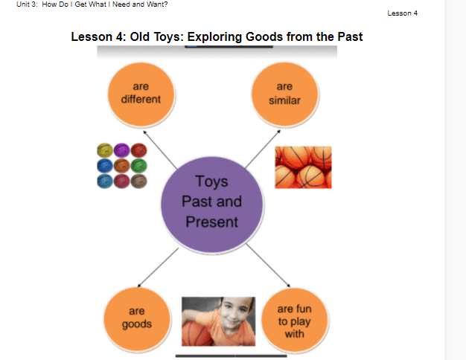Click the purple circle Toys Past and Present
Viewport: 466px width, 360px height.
(212, 205)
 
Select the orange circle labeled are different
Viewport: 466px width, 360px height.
(141, 94)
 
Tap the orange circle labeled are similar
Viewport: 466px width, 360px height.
(284, 94)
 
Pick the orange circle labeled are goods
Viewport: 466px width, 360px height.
(137, 319)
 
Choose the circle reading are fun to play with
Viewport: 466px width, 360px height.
(295, 320)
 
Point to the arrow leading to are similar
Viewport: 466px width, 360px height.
(263, 149)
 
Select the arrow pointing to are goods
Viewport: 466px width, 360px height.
(158, 268)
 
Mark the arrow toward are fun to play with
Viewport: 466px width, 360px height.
(269, 266)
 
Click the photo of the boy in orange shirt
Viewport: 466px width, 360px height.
(218, 321)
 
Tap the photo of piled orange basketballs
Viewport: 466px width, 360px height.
(303, 167)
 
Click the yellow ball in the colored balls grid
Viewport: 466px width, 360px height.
(105, 150)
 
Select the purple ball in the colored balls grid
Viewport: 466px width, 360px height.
(121, 150)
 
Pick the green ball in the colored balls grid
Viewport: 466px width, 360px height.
(138, 166)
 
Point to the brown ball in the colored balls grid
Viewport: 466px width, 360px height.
(138, 181)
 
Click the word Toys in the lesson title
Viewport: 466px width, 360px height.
(167, 37)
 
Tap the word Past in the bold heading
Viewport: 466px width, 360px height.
(350, 37)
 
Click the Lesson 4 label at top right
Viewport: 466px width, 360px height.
(403, 13)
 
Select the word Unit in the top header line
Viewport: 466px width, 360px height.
(23, 4)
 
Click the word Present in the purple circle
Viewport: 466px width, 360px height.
(212, 222)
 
